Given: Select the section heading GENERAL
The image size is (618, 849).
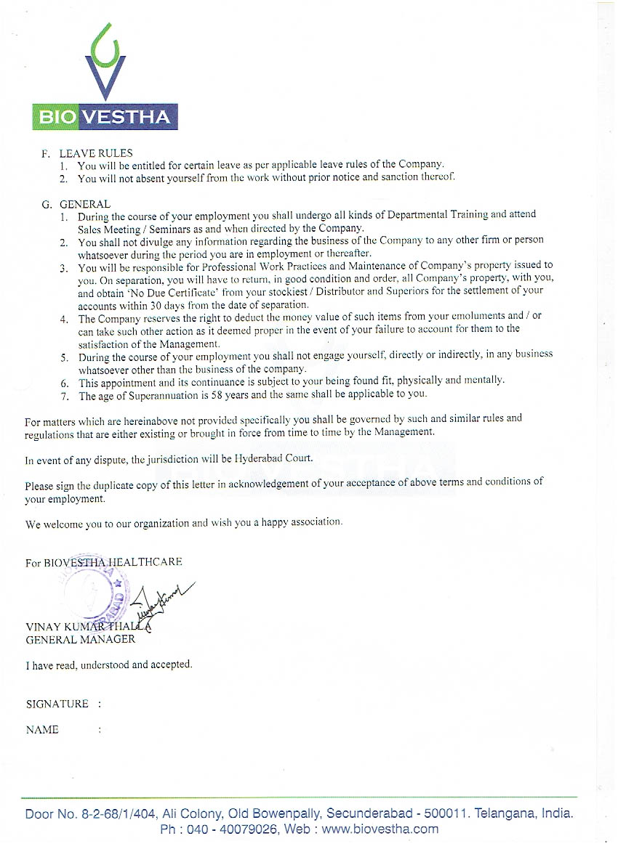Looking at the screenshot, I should click(x=85, y=204).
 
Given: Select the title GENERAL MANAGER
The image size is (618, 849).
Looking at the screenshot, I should click(x=80, y=639).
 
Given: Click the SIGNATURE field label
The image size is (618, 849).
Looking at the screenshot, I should click(x=57, y=704).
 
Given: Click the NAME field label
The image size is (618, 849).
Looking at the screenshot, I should click(x=42, y=730).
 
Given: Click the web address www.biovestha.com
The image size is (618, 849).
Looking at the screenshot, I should click(x=380, y=829).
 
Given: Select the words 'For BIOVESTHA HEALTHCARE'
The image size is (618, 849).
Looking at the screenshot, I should click(x=103, y=562).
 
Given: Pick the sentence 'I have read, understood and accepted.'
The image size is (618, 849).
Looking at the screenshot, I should click(x=109, y=665).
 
